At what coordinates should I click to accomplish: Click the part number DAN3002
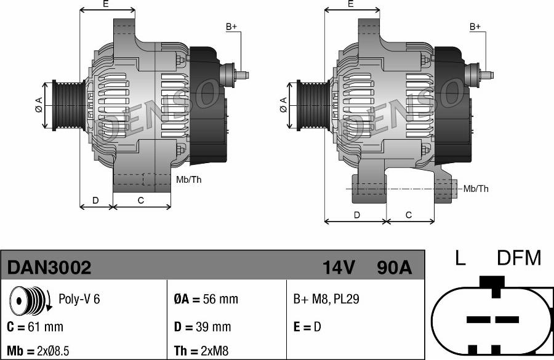pos(49,268)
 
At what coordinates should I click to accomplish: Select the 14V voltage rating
pos(339,268)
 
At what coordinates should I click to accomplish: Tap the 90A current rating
pos(393,268)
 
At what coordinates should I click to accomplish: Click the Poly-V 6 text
pos(79,299)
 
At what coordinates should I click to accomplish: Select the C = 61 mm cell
pos(35,327)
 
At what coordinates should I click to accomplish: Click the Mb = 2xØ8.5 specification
pos(38,351)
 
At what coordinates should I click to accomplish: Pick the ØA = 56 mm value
pos(206,300)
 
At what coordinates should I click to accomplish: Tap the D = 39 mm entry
pos(203,327)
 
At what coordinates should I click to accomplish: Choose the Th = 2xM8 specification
pos(201,351)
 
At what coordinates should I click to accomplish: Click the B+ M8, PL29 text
pos(326,300)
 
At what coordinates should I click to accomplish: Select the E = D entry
pos(307,327)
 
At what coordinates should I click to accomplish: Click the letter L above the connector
pos(460,258)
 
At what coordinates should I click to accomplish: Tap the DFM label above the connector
pos(518,258)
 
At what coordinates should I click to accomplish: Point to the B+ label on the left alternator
pos(231,26)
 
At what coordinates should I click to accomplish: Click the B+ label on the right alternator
pos(475,26)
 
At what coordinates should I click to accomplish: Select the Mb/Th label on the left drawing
pos(188,180)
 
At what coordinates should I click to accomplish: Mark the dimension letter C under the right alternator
pos(409,215)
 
